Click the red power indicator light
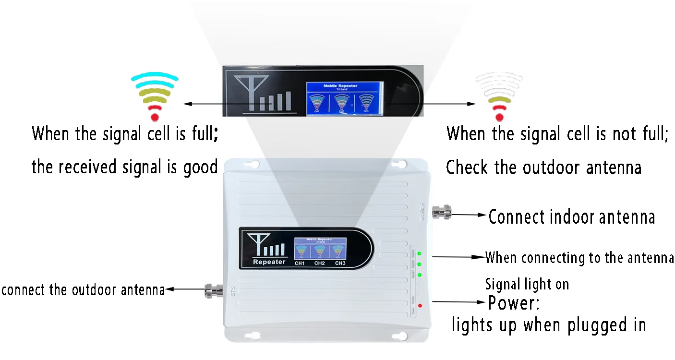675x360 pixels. pos(420,306)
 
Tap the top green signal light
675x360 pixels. pos(419,253)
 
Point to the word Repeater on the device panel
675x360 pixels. pos(269,262)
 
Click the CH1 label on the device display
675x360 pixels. pos(300,263)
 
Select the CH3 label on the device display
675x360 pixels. pos(340,263)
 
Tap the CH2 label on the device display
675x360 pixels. pos(320,263)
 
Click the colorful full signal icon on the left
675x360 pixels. pos(155,96)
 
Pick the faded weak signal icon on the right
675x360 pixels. pos(499,96)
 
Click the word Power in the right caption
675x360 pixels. pos(511,303)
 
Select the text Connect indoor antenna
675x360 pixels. pos(571,217)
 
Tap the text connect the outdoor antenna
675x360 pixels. pos(83,290)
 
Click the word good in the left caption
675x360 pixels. pos(201,167)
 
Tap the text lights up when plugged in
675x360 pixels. pos(548,325)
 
